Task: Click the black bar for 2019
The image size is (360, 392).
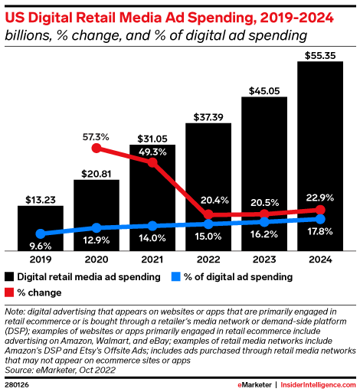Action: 41,227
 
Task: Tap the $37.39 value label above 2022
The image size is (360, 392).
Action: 208,115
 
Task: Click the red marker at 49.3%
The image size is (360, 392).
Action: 152,162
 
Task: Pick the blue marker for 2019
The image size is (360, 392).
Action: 41,234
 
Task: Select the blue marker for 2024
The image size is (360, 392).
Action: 320,220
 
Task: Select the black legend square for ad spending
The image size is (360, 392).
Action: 10,276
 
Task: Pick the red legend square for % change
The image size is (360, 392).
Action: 10,292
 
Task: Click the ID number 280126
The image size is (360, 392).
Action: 20,384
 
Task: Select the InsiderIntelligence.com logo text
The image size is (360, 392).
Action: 315,384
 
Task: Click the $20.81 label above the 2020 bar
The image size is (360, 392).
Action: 96,171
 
